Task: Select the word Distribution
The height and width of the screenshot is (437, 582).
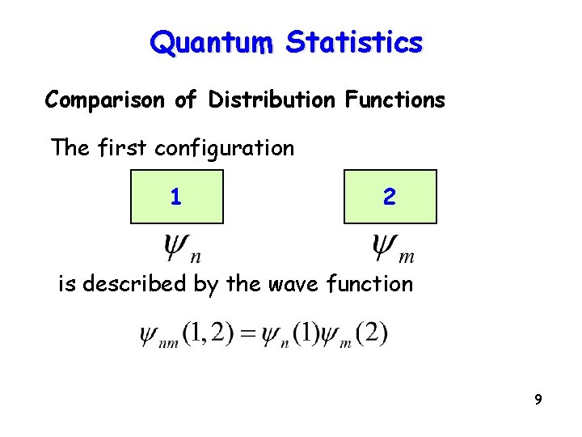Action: coord(271,100)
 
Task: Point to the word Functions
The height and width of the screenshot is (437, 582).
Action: coord(394,100)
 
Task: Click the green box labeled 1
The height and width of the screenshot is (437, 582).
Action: coord(176,197)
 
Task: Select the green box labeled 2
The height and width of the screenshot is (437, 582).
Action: coord(390,197)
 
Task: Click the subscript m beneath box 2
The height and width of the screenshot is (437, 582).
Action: coord(407,257)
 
